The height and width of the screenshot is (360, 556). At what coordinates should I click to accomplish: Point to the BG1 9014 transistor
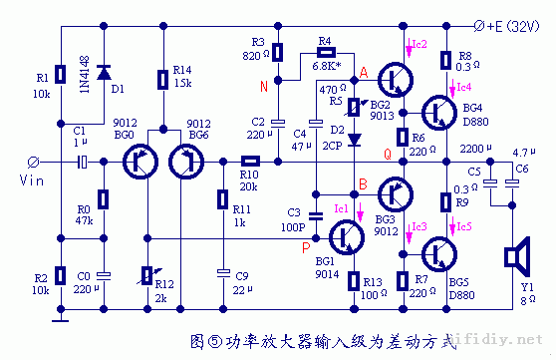point(345,236)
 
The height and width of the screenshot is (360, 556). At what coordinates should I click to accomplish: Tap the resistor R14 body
point(162,76)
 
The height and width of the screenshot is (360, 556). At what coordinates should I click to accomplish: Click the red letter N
point(263,86)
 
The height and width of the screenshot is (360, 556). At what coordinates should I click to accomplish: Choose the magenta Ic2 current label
point(417,44)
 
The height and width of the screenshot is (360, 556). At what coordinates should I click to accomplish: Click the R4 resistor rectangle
point(325,52)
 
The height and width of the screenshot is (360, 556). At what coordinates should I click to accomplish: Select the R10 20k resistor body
point(250,161)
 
